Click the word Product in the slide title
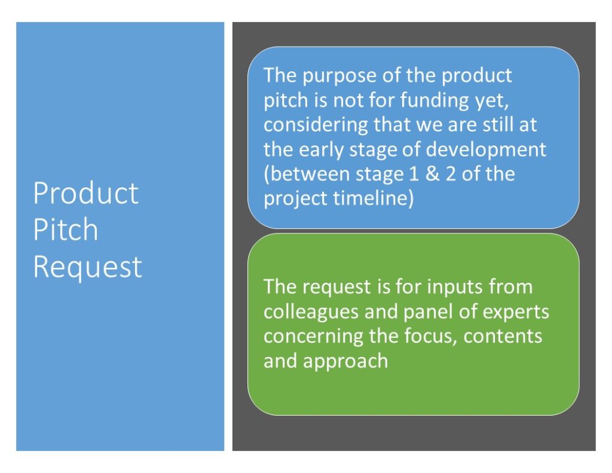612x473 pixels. pyautogui.click(x=86, y=193)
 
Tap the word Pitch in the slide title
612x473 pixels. pyautogui.click(x=66, y=229)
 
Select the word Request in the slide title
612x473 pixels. pyautogui.click(x=88, y=268)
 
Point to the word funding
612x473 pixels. pyautogui.click(x=434, y=100)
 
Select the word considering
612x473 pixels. pyautogui.click(x=316, y=125)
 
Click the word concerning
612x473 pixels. pyautogui.click(x=313, y=337)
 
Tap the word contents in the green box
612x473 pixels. pyautogui.click(x=503, y=337)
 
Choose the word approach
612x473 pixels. pyautogui.click(x=345, y=362)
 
